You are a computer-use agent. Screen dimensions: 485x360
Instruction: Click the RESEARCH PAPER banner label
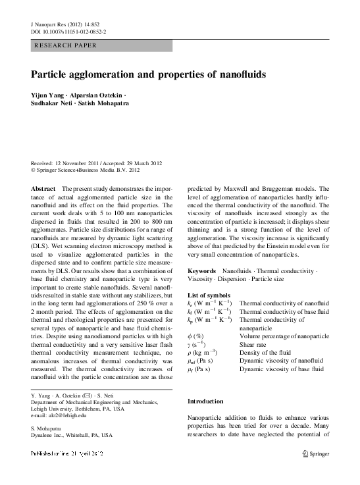[x=65, y=45]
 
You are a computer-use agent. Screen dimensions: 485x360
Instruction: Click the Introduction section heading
[x=206, y=401]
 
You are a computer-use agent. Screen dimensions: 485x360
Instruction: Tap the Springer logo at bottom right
[x=315, y=453]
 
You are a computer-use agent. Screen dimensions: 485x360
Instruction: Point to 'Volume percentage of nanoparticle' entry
[x=284, y=335]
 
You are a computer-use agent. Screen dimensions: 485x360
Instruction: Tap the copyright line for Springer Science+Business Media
[x=86, y=169]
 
